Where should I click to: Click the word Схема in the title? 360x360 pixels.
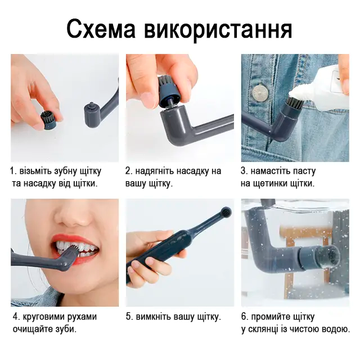101,29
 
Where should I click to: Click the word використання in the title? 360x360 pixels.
218,30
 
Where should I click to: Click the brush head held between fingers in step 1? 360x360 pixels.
48,120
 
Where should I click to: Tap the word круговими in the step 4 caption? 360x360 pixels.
43,317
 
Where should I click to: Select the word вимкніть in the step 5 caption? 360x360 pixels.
154,317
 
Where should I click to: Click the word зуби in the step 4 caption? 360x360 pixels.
66,330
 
